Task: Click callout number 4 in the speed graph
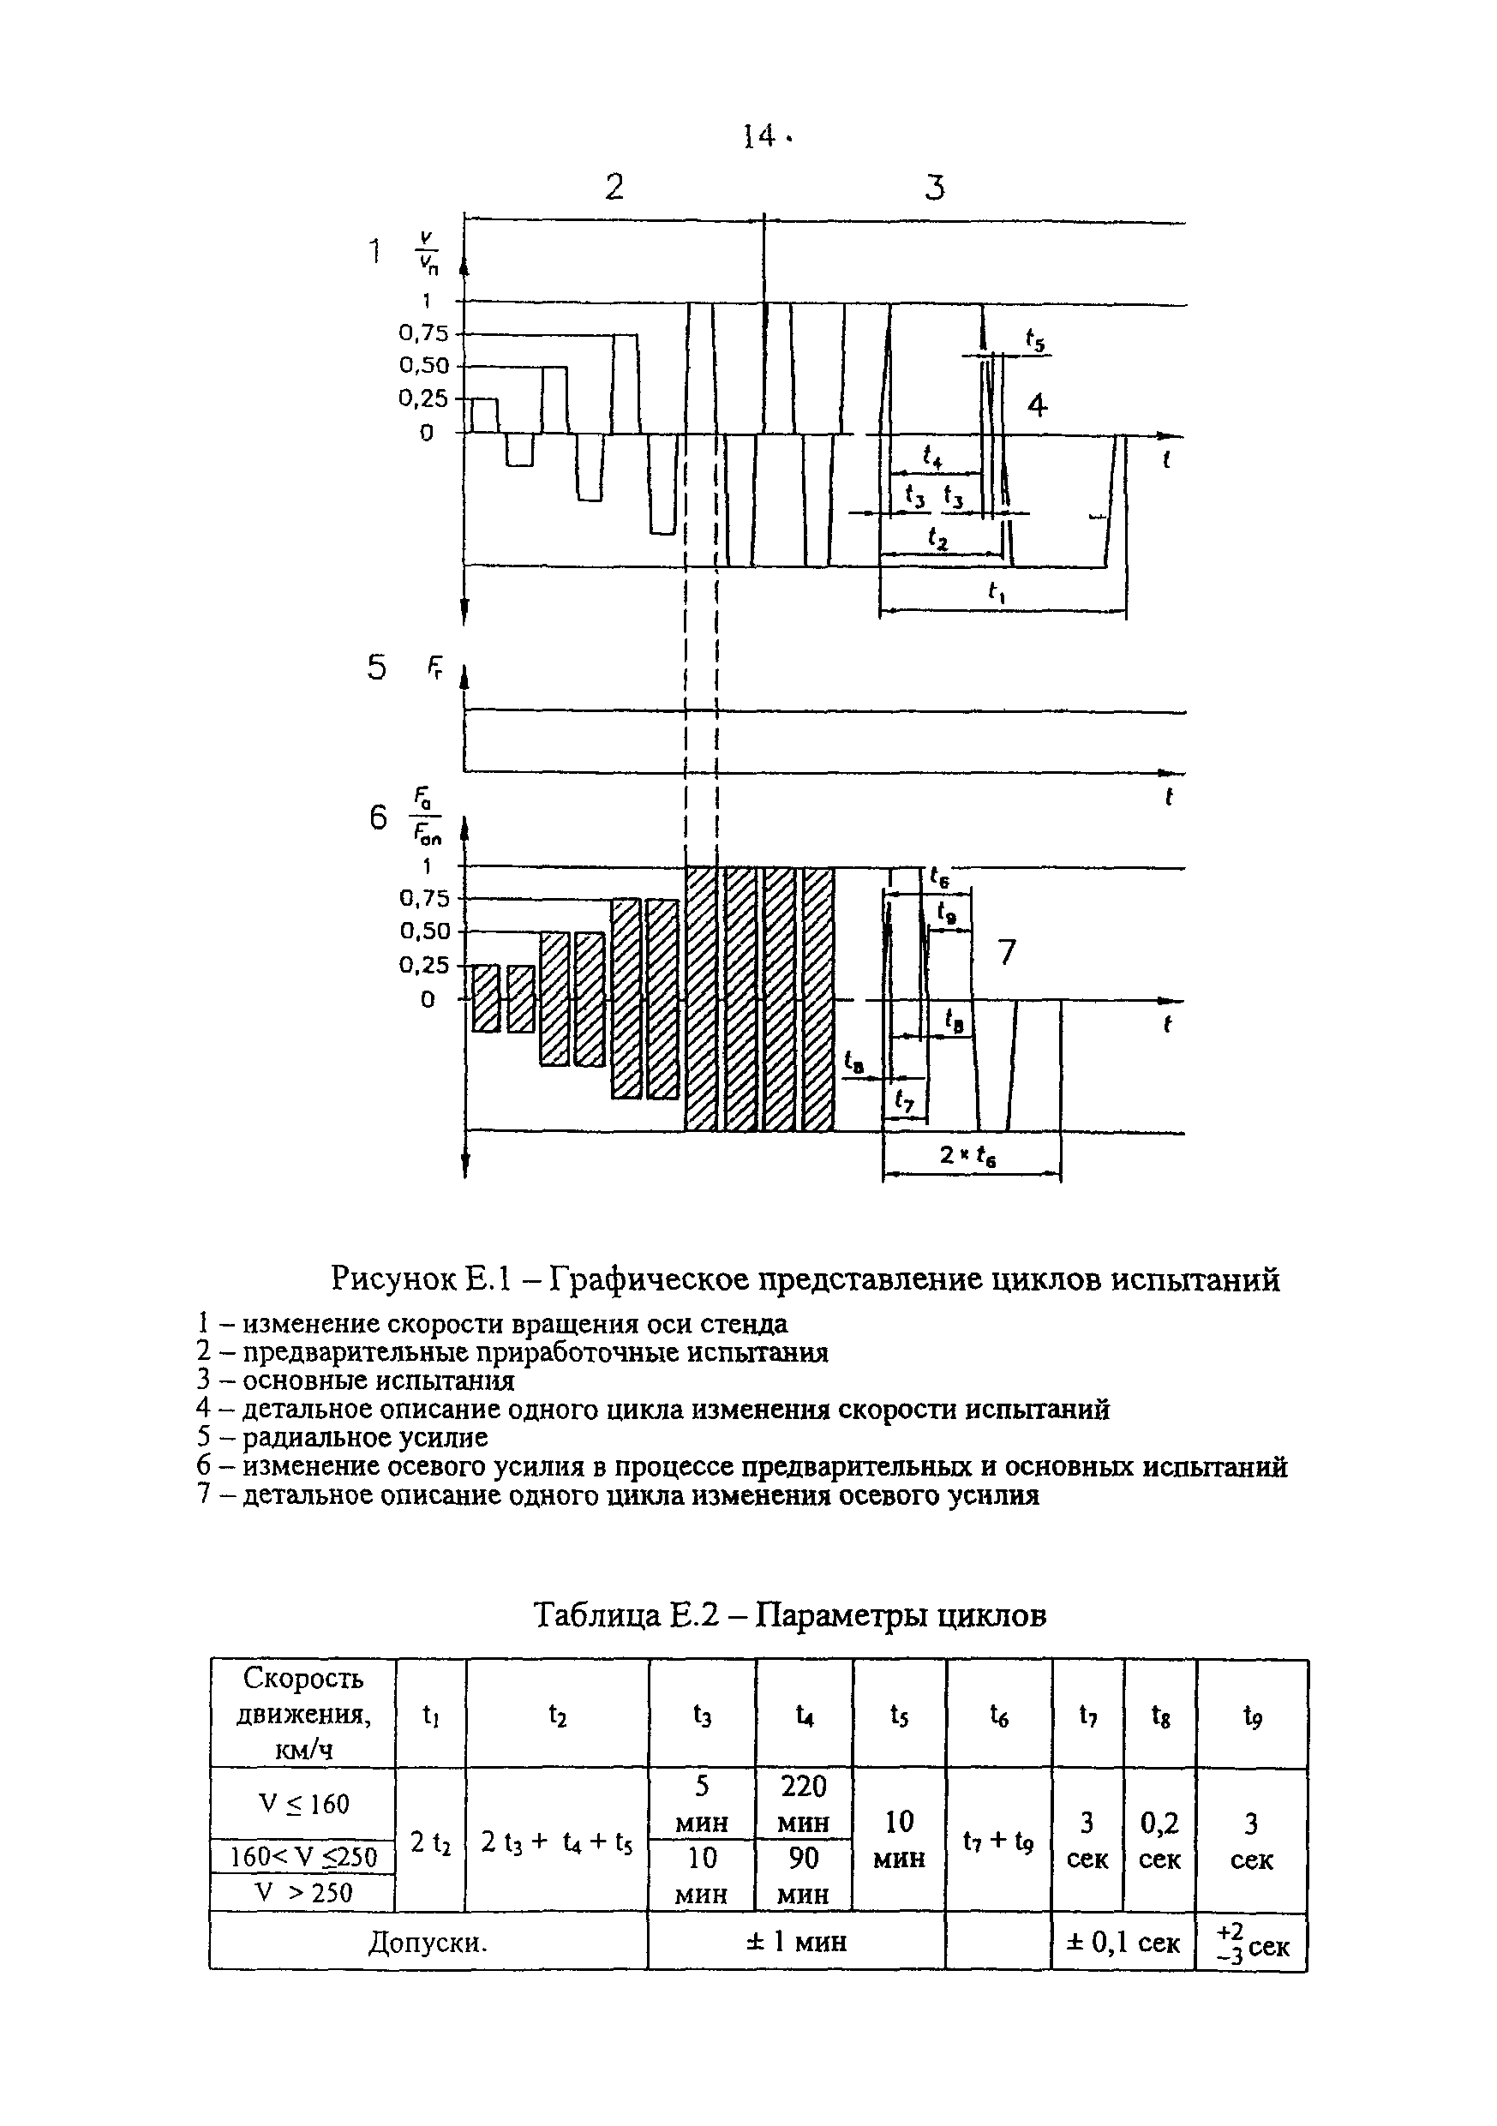pos(1037,405)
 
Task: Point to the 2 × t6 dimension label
pos(967,1157)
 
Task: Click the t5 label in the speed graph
pos(1035,341)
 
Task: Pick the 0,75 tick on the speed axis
pos(423,333)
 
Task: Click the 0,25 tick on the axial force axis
pos(424,966)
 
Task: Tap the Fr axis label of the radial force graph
pos(435,668)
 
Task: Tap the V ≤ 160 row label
pos(302,1804)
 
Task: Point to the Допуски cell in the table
pos(428,1942)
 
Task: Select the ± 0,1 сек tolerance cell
pos(1123,1943)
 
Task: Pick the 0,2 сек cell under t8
pos(1159,1841)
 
